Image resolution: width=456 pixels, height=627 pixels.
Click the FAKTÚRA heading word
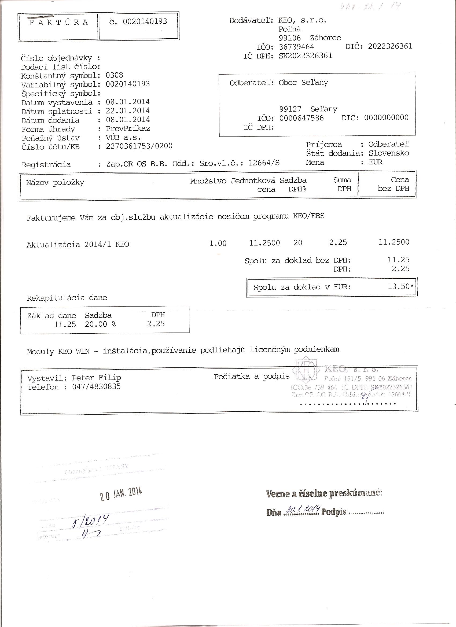(59, 23)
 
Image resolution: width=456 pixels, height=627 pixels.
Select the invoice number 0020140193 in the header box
(145, 21)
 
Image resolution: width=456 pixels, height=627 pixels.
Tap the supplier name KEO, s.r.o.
(303, 20)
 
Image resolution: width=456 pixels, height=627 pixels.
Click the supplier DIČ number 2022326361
(390, 46)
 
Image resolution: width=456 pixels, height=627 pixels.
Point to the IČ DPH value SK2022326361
(305, 56)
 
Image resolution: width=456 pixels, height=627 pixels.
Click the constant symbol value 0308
(115, 75)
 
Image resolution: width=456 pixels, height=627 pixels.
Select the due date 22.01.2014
(128, 110)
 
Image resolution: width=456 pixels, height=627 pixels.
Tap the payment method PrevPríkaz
(128, 128)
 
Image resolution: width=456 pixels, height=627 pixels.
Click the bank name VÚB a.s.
(123, 137)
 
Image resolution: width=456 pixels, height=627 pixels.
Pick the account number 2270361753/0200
(139, 146)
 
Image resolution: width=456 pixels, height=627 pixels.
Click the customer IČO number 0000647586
(301, 118)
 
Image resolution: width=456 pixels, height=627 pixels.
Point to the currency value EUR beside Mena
(375, 162)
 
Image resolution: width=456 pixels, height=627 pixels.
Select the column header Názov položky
(55, 183)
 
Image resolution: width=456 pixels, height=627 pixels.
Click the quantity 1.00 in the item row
(218, 243)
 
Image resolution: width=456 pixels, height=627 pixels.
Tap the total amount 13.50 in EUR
(399, 286)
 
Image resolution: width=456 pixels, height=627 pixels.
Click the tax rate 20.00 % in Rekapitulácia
(100, 324)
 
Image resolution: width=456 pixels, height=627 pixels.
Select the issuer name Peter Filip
(96, 378)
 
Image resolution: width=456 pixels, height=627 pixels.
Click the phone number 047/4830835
(96, 386)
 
